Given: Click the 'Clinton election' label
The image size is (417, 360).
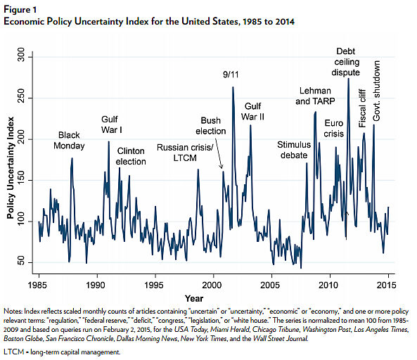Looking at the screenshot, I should point(131,156).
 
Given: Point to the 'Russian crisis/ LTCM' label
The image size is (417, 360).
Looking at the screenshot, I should point(182,153).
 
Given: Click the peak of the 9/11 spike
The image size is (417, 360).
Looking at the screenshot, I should point(233,87).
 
